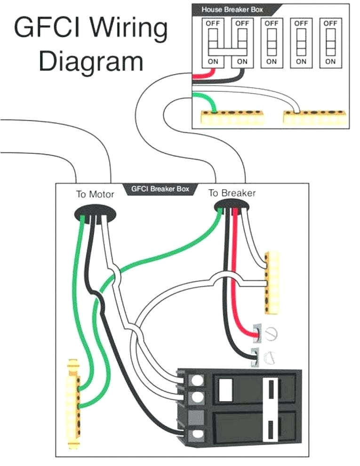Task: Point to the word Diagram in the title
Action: [x=91, y=62]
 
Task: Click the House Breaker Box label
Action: [x=232, y=9]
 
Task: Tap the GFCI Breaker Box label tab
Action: [x=160, y=189]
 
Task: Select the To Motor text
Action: [x=95, y=194]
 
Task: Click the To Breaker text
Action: [x=232, y=193]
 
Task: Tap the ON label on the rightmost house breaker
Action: [x=330, y=61]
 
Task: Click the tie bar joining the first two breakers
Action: [x=227, y=51]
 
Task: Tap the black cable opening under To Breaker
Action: [x=232, y=206]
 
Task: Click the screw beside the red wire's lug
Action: [x=272, y=334]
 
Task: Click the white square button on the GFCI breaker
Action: [x=226, y=388]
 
